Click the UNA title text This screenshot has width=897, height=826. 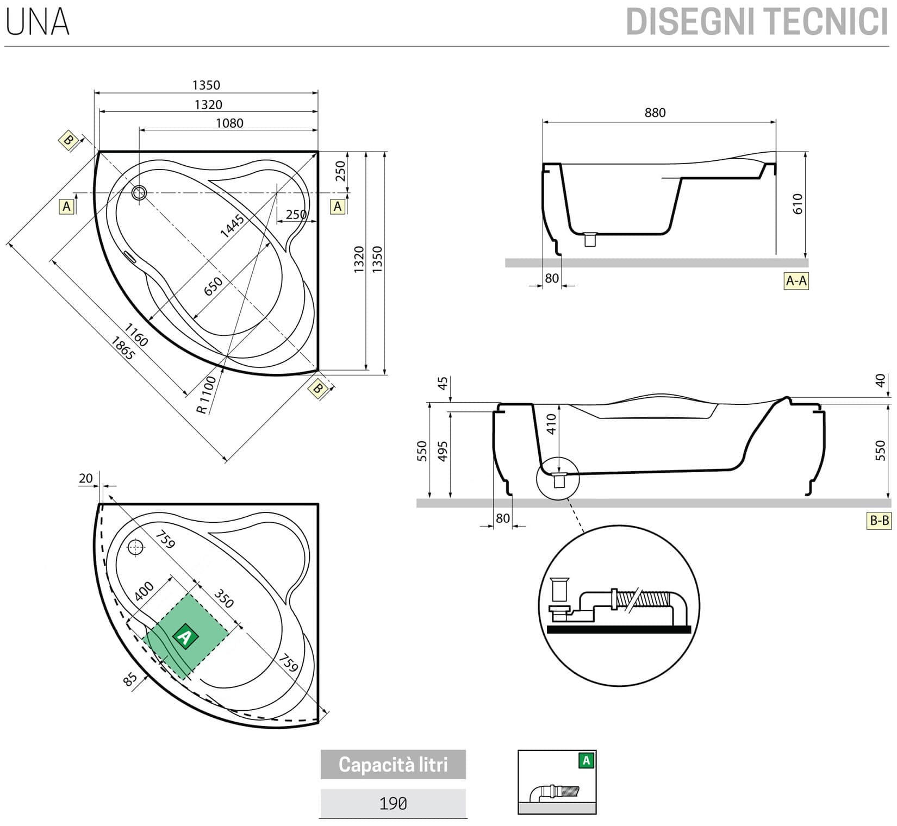coord(38,22)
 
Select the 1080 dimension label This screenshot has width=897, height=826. coord(229,123)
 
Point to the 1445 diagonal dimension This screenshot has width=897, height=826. coord(232,226)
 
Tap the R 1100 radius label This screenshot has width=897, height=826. coord(207,395)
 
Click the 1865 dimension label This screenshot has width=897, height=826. coord(122,348)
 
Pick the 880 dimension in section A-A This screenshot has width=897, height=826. coord(655,112)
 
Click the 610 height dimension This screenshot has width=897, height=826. coord(797,204)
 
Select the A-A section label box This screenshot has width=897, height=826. coord(796,281)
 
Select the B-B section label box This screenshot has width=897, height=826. coord(879,521)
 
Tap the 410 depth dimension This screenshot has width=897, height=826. coord(551,424)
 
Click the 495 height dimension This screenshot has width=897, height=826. coord(443,451)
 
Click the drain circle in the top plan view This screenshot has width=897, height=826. coord(139,192)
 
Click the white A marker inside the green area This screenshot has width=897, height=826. coord(185,636)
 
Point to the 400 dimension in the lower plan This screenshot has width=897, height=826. coord(144,591)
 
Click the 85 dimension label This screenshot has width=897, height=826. coord(130,680)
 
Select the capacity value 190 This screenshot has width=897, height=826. coord(393,803)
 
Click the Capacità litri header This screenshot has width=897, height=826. coord(393,765)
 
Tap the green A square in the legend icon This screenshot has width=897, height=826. coord(586,760)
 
